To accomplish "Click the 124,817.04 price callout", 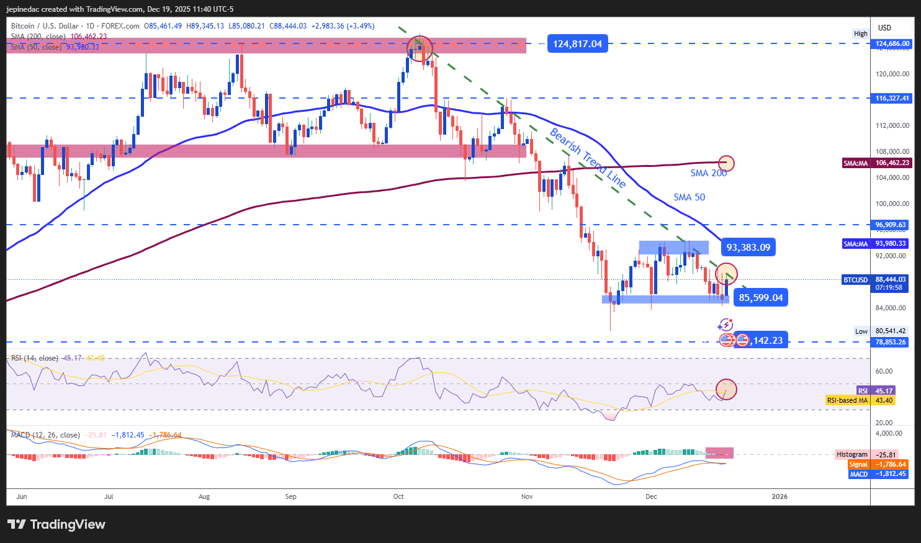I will [x=577, y=44].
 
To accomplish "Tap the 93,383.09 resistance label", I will [x=748, y=248].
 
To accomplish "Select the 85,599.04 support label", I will [x=760, y=298].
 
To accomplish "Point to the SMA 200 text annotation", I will [x=708, y=173].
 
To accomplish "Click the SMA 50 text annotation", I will [x=689, y=197].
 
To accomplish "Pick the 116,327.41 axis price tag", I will [x=892, y=98].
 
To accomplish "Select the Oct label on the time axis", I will [x=398, y=496].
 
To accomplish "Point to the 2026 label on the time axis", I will [x=779, y=496].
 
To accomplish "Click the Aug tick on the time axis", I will [x=204, y=496].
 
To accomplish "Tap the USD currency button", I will [x=884, y=28].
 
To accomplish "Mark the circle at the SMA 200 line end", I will [x=726, y=163].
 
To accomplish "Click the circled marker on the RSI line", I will [x=726, y=390].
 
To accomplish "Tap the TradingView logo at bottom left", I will [x=56, y=524].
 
